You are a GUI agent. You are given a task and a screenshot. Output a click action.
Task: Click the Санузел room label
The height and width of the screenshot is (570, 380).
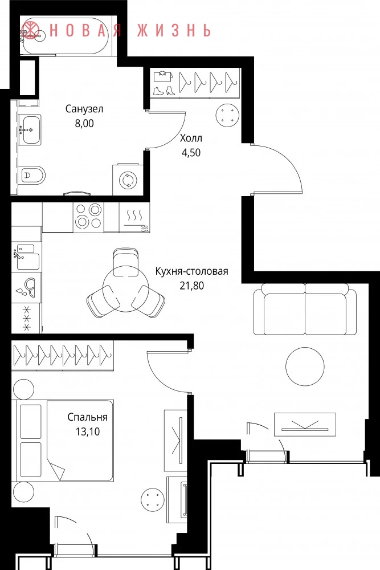coord(84,109)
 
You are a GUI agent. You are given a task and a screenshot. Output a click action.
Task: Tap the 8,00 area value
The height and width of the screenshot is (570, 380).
coord(84,124)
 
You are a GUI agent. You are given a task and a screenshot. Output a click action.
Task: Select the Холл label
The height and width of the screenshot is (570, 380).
coord(191,138)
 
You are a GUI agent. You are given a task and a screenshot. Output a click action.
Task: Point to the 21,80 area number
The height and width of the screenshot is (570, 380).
coord(192,286)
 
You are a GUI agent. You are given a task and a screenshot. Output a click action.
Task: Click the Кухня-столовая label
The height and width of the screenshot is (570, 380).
coord(192,271)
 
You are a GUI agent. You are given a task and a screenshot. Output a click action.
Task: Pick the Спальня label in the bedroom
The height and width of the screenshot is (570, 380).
coord(88,417)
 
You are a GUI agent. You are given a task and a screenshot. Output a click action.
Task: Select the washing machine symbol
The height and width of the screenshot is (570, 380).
coord(128,180)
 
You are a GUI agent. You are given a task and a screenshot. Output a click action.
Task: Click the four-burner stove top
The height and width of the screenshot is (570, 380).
coord(88,217)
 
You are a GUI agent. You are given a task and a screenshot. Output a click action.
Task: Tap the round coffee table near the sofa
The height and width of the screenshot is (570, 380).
coord(305,367)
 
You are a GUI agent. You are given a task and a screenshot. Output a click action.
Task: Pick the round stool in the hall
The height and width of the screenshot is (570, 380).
coord(228,115)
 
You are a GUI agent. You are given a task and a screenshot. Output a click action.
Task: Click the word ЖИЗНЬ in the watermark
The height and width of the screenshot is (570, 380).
coord(174,30)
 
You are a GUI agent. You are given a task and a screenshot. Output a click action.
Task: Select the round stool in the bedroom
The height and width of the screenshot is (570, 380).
coord(153,500)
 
